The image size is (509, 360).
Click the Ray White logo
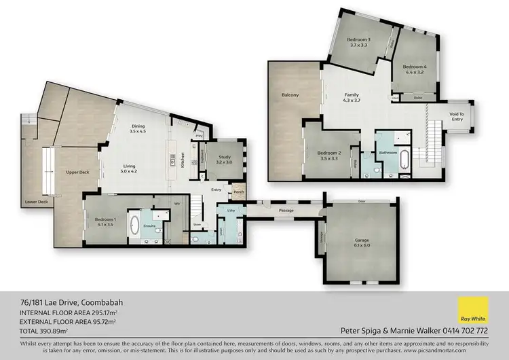pos(473,310)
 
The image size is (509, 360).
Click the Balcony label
pos(290,94)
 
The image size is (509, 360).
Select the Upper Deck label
pos(77,173)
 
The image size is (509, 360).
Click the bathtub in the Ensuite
pos(134,226)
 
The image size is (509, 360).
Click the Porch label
pos(238,192)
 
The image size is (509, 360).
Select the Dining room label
pos(138,128)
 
